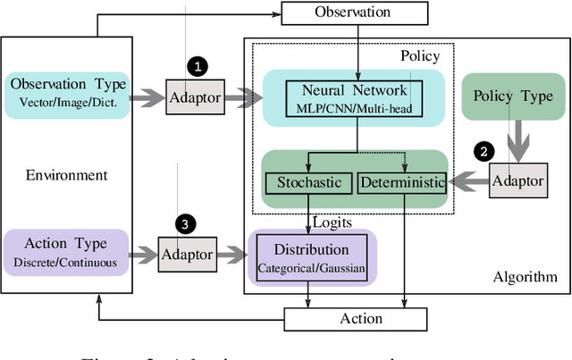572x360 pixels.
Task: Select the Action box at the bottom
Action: pos(360,319)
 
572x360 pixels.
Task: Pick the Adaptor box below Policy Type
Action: pos(517,181)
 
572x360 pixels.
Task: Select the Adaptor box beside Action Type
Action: pos(187,255)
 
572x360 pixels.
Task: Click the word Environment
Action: pos(67,176)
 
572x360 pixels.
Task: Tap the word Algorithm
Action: pos(525,277)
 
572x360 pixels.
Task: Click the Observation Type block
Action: pos(68,91)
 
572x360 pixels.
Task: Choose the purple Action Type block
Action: pos(68,250)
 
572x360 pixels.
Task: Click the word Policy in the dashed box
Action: pos(420,56)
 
